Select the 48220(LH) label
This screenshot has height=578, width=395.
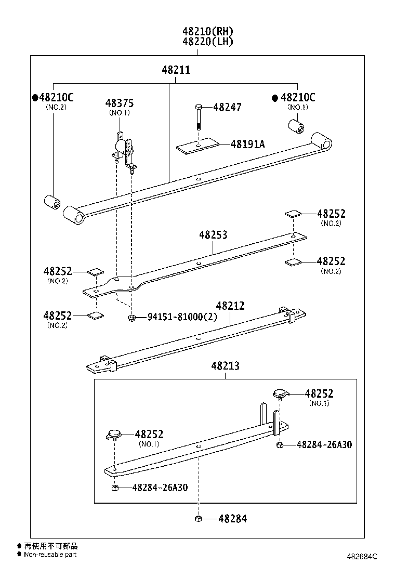click(x=207, y=42)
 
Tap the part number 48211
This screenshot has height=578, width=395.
click(x=176, y=70)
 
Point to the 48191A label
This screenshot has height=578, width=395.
click(x=247, y=144)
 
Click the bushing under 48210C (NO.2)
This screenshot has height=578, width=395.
click(x=52, y=202)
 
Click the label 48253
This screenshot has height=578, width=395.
click(x=213, y=235)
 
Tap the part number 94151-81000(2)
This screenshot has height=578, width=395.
click(x=182, y=317)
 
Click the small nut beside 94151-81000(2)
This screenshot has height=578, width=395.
click(x=132, y=317)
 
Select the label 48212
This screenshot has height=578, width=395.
click(x=230, y=306)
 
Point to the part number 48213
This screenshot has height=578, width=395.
click(x=225, y=366)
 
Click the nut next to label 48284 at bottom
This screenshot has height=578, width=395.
click(x=199, y=518)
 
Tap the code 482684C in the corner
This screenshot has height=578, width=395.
click(x=362, y=557)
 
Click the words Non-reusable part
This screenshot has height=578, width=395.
click(x=50, y=555)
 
